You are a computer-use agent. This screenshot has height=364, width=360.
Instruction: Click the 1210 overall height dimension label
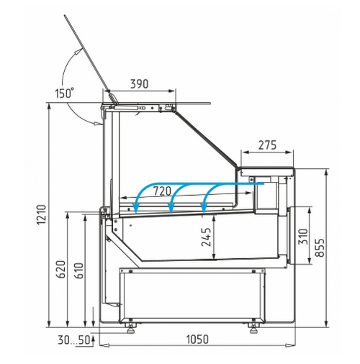(42, 214)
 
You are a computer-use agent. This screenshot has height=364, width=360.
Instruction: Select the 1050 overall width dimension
(197, 340)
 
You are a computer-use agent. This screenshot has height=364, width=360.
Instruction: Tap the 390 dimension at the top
(140, 84)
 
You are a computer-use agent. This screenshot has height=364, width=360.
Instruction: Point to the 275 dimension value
(268, 145)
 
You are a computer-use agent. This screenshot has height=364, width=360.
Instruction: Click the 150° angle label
(64, 93)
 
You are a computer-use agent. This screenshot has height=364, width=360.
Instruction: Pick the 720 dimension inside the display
(162, 191)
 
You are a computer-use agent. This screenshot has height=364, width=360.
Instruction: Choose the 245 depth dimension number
(206, 237)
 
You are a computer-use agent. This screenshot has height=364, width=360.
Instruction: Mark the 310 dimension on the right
(303, 237)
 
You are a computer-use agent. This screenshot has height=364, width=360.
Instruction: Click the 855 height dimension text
(320, 247)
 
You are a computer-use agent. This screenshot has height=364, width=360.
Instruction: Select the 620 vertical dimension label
(60, 269)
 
